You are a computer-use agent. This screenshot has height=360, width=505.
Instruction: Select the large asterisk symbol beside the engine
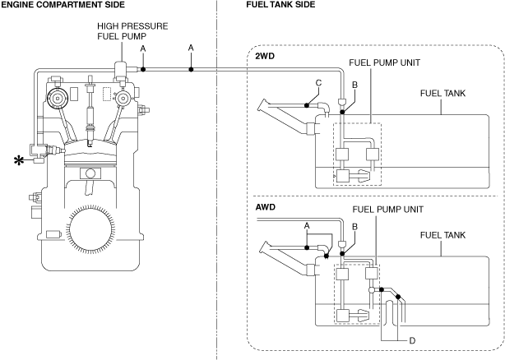pos(18,159)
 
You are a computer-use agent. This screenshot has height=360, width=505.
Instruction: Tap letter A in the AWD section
pos(307,225)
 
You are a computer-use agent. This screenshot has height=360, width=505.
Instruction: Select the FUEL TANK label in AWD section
pos(443,235)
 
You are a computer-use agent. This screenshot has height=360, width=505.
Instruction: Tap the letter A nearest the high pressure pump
pos(143,49)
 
